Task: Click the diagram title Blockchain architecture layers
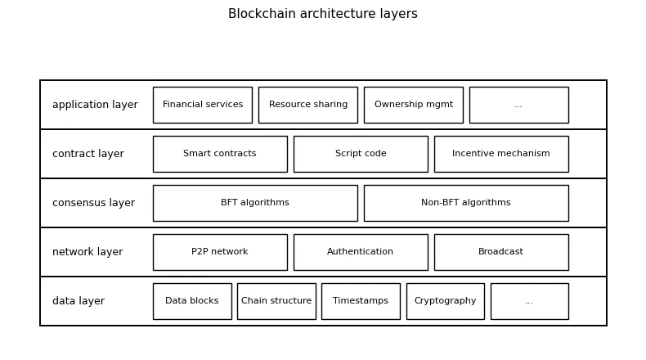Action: [322, 14]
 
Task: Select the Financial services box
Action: [202, 105]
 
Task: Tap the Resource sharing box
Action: [307, 105]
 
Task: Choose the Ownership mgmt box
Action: [413, 105]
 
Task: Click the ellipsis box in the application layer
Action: [518, 105]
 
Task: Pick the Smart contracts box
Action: [219, 154]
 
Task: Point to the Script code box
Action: [360, 154]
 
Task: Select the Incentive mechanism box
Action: [500, 154]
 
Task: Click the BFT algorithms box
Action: [254, 203]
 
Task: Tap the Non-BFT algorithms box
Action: [465, 203]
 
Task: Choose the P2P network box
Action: [219, 252]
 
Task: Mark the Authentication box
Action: [360, 252]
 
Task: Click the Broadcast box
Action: [500, 252]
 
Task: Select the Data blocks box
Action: [192, 301]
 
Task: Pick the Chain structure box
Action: [276, 301]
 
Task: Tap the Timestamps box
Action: [361, 301]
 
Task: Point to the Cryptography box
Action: [445, 301]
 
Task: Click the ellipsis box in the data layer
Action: [529, 301]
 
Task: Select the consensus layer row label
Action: [93, 203]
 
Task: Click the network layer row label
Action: [87, 252]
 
